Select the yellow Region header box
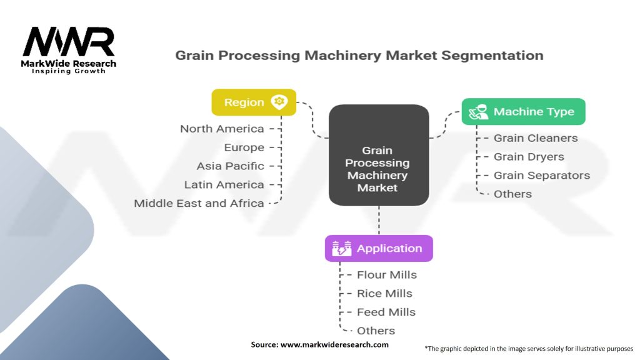[x=253, y=102]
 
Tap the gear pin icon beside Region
[x=279, y=102]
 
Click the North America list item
[x=222, y=129]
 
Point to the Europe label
[x=244, y=147]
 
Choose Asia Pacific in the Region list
[x=230, y=166]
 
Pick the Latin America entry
[x=224, y=185]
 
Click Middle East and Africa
[x=199, y=204]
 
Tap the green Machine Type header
[x=523, y=112]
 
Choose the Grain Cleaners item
[x=536, y=138]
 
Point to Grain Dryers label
[x=529, y=157]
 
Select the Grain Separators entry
[x=542, y=176]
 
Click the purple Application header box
[x=378, y=248]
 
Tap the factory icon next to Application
[x=341, y=249]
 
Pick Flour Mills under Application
[x=386, y=274]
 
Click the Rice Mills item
[x=384, y=293]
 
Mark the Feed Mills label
[x=386, y=312]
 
